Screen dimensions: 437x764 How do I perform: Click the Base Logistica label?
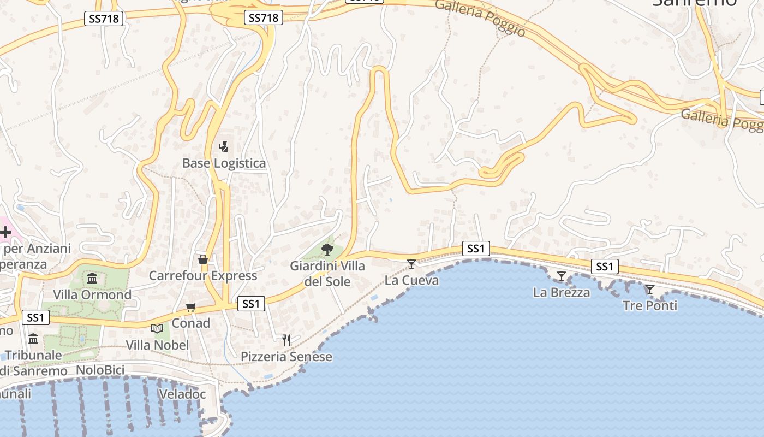[x=224, y=163]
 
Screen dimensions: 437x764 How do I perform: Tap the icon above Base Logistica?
[x=223, y=146]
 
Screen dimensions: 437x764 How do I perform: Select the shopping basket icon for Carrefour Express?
[x=203, y=259]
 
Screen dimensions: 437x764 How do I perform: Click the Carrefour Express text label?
[x=203, y=276]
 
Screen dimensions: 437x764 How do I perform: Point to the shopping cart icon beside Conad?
[x=190, y=307]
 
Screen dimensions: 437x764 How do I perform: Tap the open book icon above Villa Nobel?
[x=157, y=328]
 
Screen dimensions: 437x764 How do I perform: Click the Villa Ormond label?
[x=92, y=295]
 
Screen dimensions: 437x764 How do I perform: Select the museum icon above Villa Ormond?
[x=92, y=278]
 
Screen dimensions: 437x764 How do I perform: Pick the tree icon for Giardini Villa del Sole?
[x=327, y=250]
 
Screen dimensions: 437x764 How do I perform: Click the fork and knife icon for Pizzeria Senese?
[x=286, y=340]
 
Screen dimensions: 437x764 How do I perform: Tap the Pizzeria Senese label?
[x=286, y=357]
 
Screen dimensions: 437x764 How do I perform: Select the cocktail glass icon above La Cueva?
[x=411, y=264]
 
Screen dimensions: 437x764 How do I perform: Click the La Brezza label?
[x=562, y=292]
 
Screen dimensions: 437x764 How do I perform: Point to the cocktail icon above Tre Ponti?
[x=649, y=289]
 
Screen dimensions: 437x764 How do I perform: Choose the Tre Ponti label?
[x=650, y=305]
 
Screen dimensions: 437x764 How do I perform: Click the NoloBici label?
[x=100, y=370]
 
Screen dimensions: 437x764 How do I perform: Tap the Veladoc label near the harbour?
[x=182, y=394]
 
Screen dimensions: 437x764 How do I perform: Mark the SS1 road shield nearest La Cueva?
[x=476, y=249]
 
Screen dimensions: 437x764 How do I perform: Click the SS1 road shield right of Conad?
[x=251, y=304]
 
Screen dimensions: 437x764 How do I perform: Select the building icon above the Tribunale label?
[x=33, y=339]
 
